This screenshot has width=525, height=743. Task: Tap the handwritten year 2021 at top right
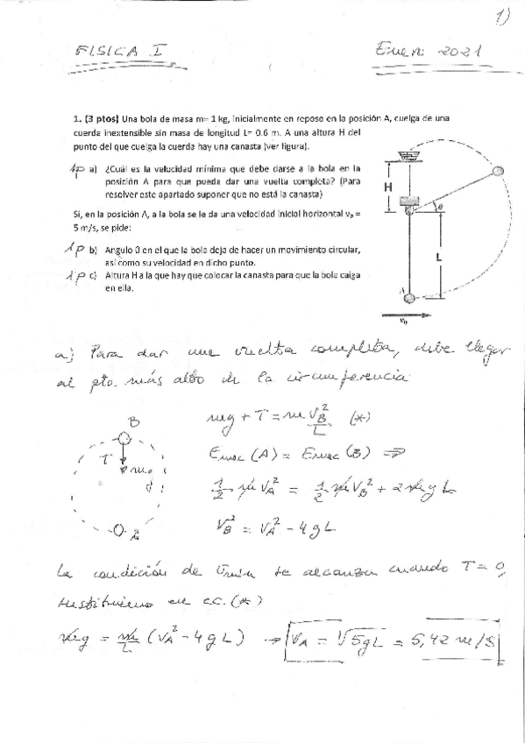tap(457, 53)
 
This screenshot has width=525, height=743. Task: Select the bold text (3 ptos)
tap(103, 117)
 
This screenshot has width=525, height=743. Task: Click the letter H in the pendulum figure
tap(387, 187)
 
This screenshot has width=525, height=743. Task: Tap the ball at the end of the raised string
tap(498, 172)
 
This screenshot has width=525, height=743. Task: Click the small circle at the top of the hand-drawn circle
tap(124, 436)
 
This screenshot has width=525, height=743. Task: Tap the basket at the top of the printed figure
tap(406, 156)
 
